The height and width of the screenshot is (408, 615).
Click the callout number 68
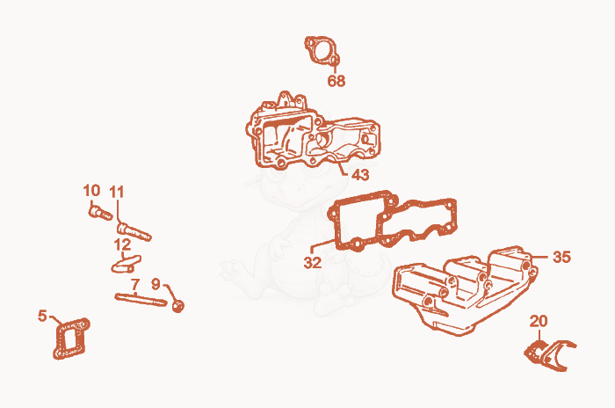pyautogui.click(x=336, y=81)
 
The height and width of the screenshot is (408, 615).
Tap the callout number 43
pyautogui.click(x=360, y=175)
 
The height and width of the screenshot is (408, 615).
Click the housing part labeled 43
pyautogui.click(x=313, y=133)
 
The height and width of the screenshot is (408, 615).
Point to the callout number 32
pyautogui.click(x=313, y=262)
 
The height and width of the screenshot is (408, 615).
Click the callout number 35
pyautogui.click(x=561, y=257)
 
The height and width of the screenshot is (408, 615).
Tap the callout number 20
pyautogui.click(x=539, y=321)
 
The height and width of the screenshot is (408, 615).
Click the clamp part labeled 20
pyautogui.click(x=549, y=354)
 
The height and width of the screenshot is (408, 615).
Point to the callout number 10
pyautogui.click(x=91, y=191)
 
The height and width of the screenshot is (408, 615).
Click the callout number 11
pyautogui.click(x=117, y=193)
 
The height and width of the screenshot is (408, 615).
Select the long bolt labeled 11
pyautogui.click(x=134, y=231)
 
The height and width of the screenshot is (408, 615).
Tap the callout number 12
pyautogui.click(x=122, y=245)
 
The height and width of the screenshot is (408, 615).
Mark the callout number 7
pyautogui.click(x=135, y=285)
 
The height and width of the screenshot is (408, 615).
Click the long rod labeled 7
pyautogui.click(x=141, y=300)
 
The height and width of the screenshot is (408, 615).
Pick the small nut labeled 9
pyautogui.click(x=178, y=306)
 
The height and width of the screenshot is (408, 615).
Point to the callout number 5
pyautogui.click(x=42, y=316)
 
